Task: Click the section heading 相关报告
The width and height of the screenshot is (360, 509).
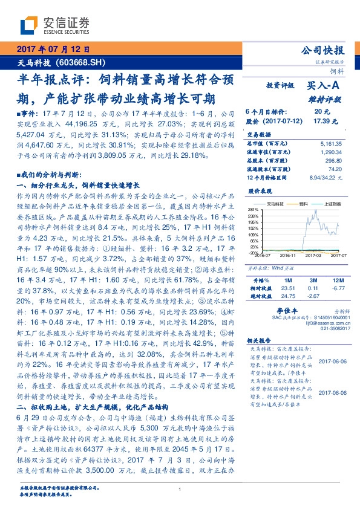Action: point(257,341)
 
